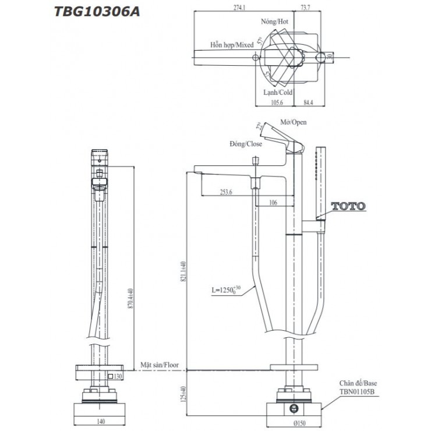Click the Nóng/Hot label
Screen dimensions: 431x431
point(275,21)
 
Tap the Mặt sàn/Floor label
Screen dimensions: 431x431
point(160,365)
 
